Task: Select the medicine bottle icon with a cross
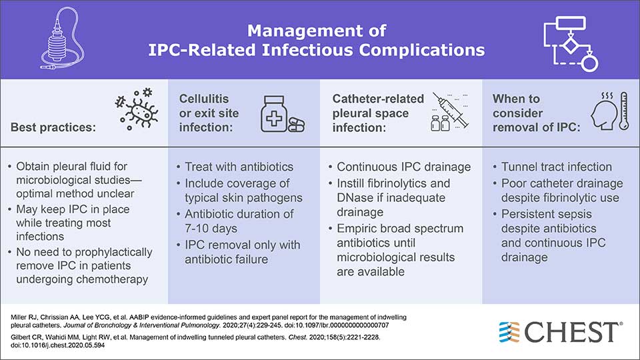[x=274, y=114]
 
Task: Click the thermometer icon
[x=623, y=111]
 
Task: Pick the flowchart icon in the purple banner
[x=571, y=44]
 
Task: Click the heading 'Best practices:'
[x=53, y=127]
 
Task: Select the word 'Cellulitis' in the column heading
[x=204, y=99]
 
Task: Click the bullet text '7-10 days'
[x=211, y=228]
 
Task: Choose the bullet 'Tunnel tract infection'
[x=556, y=167]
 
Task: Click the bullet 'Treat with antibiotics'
[x=239, y=167]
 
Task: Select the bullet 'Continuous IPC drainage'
[x=404, y=167]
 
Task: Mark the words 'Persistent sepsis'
[x=546, y=214]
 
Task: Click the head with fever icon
[x=603, y=111]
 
